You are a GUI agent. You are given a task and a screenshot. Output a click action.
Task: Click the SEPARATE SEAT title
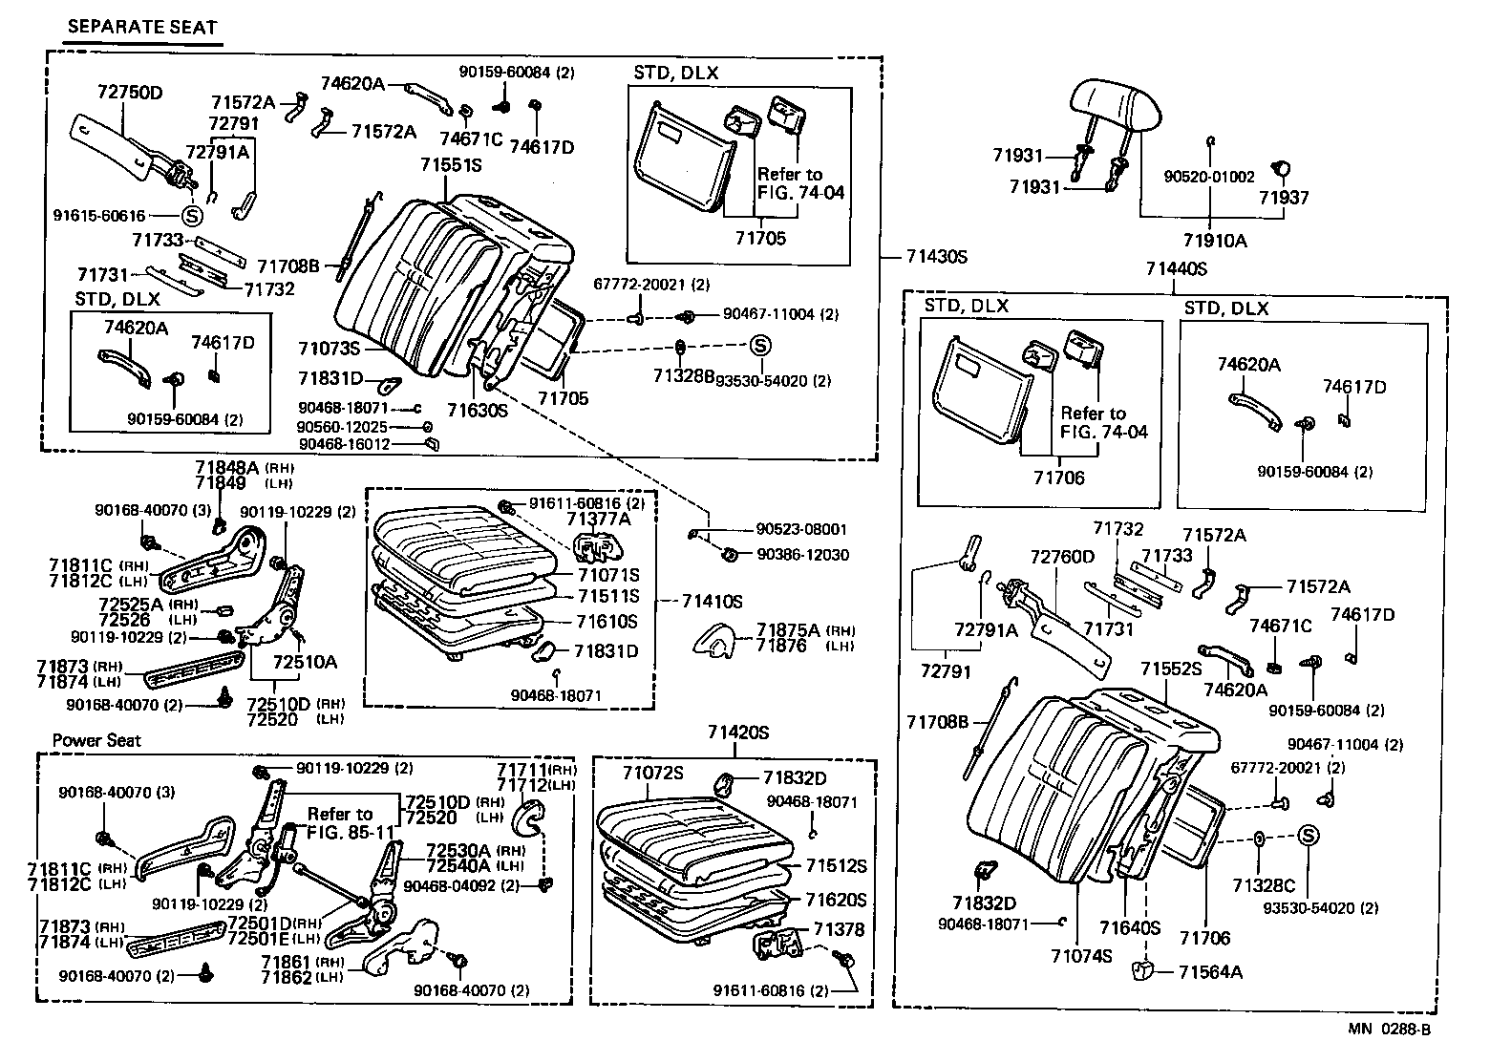coord(141,28)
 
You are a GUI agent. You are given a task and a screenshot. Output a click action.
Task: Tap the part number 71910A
coord(1214,241)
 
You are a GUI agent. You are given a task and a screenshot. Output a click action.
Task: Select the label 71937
coord(1283,198)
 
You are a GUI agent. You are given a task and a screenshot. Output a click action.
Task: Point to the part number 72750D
coord(130,93)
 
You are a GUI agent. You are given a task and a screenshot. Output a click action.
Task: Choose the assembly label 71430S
coord(937,256)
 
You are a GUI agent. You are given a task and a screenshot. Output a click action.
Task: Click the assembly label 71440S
coord(1176,269)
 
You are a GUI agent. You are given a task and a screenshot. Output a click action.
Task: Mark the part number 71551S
coord(451,165)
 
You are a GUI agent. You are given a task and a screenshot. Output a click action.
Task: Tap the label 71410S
coord(712,601)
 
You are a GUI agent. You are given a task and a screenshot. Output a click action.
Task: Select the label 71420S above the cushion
coord(738,733)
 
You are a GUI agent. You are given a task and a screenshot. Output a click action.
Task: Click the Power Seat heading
coord(96,740)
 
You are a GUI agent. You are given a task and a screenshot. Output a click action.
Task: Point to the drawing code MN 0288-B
coord(1389,1029)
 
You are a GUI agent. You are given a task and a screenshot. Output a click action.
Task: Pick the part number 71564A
coord(1210,972)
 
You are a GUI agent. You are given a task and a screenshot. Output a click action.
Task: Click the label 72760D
coord(1061,557)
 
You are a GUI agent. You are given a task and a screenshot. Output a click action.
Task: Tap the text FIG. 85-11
coord(351,831)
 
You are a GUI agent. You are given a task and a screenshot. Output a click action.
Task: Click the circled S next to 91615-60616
coord(189,216)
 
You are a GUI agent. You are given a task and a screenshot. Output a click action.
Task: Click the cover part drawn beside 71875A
coord(716,639)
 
